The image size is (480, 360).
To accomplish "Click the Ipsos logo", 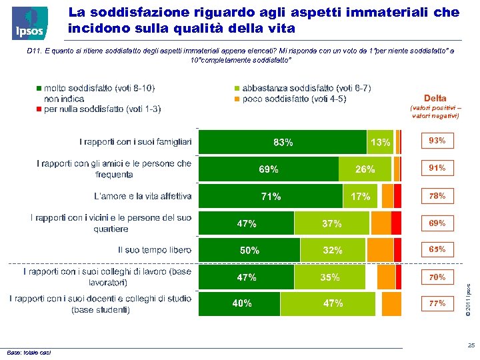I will [29, 23].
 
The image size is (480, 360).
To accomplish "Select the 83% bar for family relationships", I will [283, 142].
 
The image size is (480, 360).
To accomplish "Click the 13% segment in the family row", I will [381, 142].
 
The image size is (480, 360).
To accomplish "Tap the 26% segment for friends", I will [365, 169].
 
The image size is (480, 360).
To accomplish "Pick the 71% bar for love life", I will [271, 196].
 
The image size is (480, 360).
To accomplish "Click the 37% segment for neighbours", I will [331, 223].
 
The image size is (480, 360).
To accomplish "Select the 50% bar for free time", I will [250, 250].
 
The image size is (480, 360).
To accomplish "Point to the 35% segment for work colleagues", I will [330, 277].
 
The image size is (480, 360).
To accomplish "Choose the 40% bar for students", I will [242, 303].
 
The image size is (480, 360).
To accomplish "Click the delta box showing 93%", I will [437, 141].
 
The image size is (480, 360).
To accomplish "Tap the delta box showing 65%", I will [437, 249].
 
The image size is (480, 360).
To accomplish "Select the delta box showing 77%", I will [437, 303].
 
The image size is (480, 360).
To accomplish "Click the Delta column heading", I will [435, 98].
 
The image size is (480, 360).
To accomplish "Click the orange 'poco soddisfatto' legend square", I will [236, 99].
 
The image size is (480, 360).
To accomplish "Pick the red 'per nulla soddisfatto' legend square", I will [39, 109].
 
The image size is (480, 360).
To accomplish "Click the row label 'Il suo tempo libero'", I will [155, 250].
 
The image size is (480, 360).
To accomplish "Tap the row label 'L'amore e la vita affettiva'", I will [143, 196].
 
